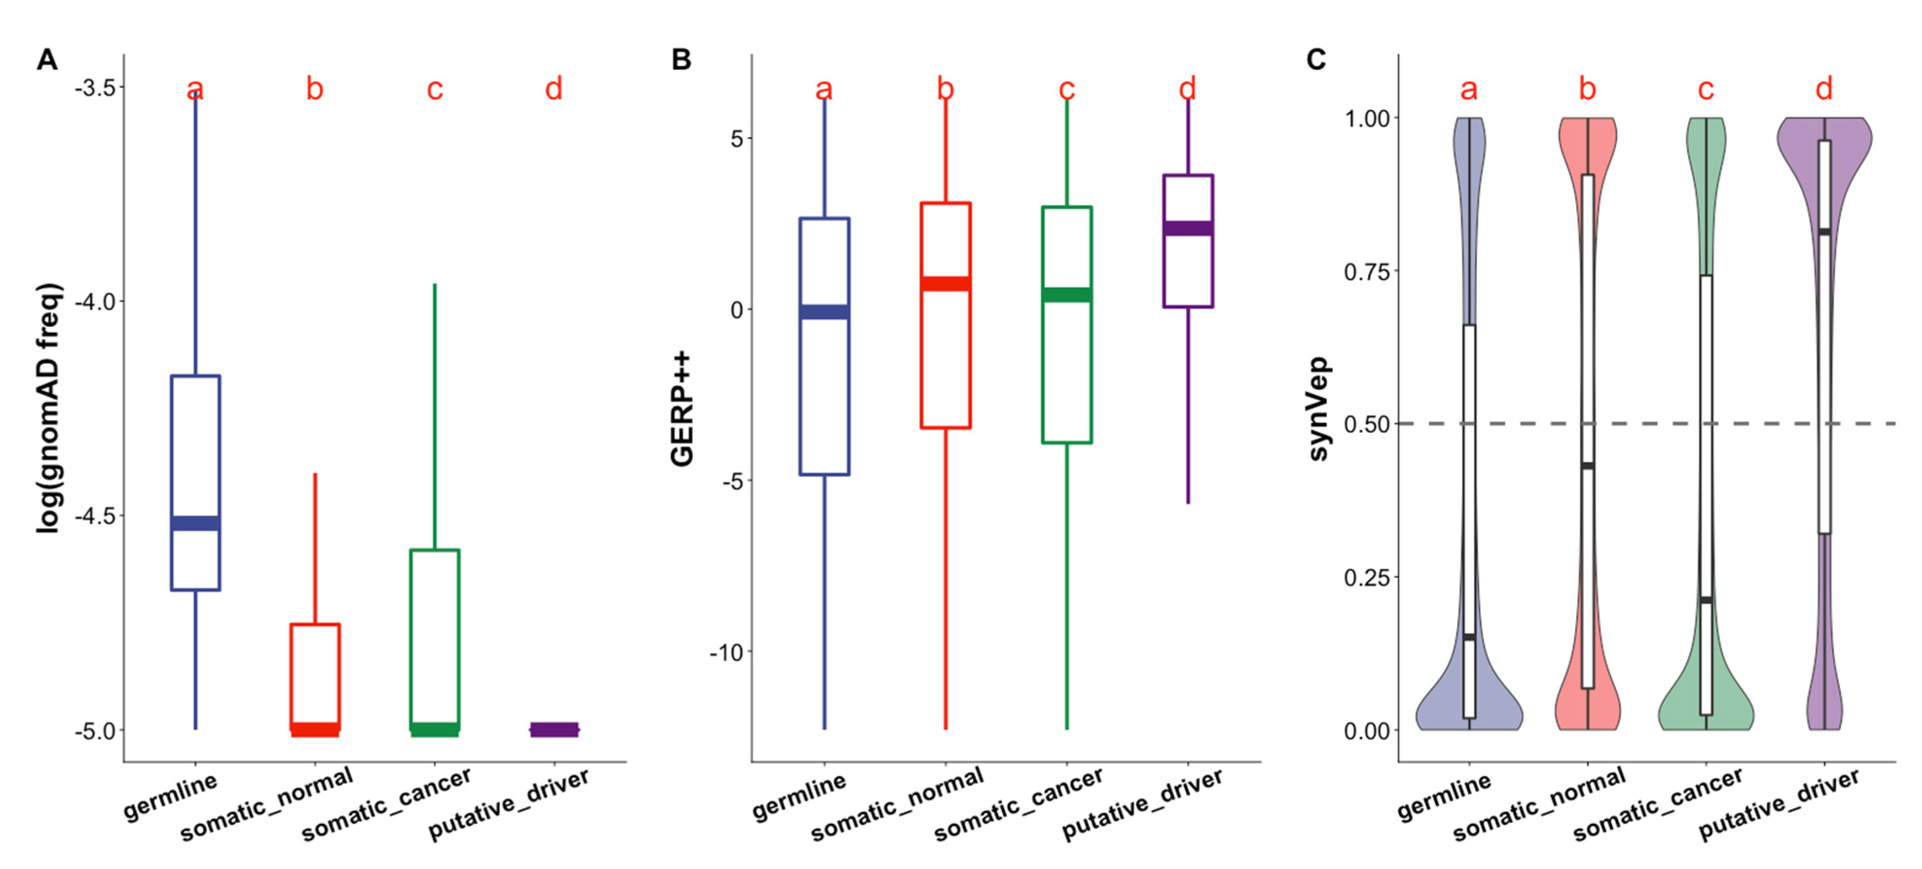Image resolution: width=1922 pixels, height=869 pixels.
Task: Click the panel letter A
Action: coord(47,60)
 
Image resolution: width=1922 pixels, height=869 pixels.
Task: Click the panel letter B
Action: coord(681,60)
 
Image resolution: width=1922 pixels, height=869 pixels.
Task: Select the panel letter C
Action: coord(1316,60)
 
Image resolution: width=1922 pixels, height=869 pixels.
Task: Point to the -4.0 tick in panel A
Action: coord(95,302)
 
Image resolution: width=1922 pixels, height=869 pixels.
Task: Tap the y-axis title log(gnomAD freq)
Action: coord(49,408)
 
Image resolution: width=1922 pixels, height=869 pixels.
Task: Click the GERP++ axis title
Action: coord(682,409)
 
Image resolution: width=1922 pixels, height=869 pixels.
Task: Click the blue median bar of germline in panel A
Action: coord(196,523)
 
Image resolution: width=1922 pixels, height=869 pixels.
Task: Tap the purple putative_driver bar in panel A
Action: coord(554,729)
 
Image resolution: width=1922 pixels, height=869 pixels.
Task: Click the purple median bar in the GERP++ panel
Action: coord(1188,228)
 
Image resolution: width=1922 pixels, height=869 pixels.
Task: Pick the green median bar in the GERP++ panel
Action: coord(1066,295)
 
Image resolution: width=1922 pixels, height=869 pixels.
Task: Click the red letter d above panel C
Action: coord(1824,89)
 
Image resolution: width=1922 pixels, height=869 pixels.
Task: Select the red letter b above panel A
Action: coord(315,89)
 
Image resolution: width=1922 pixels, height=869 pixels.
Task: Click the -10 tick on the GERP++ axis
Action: coord(727,653)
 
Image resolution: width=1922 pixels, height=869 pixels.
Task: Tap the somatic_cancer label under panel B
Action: coord(1019,805)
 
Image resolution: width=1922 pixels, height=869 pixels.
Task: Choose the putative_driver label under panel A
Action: coord(509,804)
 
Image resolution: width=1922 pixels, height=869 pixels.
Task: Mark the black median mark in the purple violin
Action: coord(1824,232)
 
